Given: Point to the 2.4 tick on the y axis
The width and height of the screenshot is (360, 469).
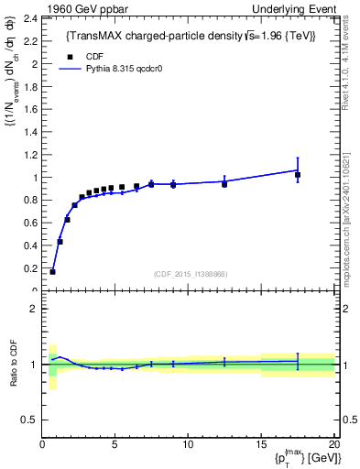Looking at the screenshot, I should (30, 17).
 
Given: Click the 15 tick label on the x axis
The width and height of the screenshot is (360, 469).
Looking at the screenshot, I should (261, 444).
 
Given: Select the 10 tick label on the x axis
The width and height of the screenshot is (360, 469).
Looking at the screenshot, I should (188, 444).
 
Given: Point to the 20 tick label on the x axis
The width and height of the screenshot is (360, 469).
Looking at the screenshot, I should (333, 444).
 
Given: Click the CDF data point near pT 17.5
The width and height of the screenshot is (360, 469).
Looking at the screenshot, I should (297, 174).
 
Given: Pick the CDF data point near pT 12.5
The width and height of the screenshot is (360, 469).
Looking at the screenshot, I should (224, 184).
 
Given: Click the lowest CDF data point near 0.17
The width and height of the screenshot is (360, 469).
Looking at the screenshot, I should (52, 271).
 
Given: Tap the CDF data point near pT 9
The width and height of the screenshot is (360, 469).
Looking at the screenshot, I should (173, 184).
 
